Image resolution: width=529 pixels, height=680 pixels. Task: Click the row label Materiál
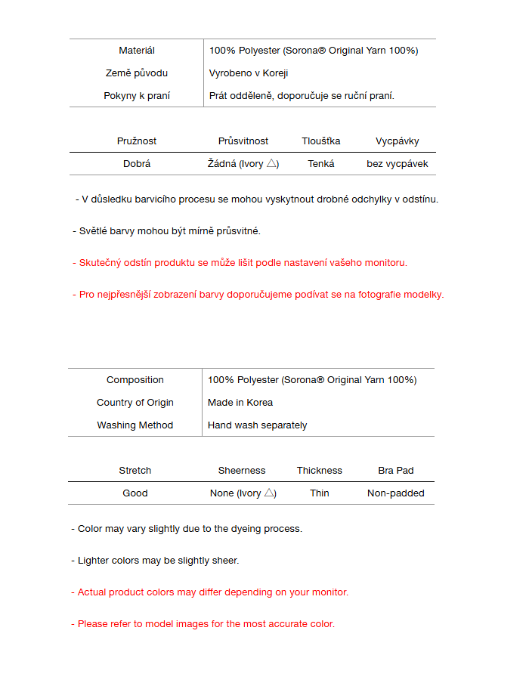coord(137,51)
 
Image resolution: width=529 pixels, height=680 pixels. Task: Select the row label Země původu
coord(137,73)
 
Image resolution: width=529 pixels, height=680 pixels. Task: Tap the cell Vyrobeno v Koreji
coord(249,73)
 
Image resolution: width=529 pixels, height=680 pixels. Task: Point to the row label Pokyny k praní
coord(137,96)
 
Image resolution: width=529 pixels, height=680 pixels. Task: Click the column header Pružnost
coord(137,141)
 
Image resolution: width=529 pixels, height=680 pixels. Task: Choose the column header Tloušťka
coord(321,141)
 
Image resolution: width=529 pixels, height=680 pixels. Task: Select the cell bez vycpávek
coord(398,164)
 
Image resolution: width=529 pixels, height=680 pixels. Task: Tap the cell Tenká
coord(321,164)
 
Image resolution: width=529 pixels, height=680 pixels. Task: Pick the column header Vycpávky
coord(398,141)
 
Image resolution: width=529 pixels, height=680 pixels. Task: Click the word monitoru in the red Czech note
coord(385,263)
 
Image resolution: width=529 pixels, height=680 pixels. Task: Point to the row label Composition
coord(135,380)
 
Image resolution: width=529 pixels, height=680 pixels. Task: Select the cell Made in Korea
coord(240,403)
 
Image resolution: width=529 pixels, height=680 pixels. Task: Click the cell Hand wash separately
coord(258,425)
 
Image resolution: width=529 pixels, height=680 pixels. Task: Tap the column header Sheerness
coord(242,471)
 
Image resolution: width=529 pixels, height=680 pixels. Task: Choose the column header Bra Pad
coord(396,471)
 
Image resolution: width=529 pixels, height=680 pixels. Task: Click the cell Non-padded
coord(396,493)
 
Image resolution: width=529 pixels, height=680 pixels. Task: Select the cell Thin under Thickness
coord(320,493)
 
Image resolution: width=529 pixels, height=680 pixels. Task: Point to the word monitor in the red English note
coord(330,592)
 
